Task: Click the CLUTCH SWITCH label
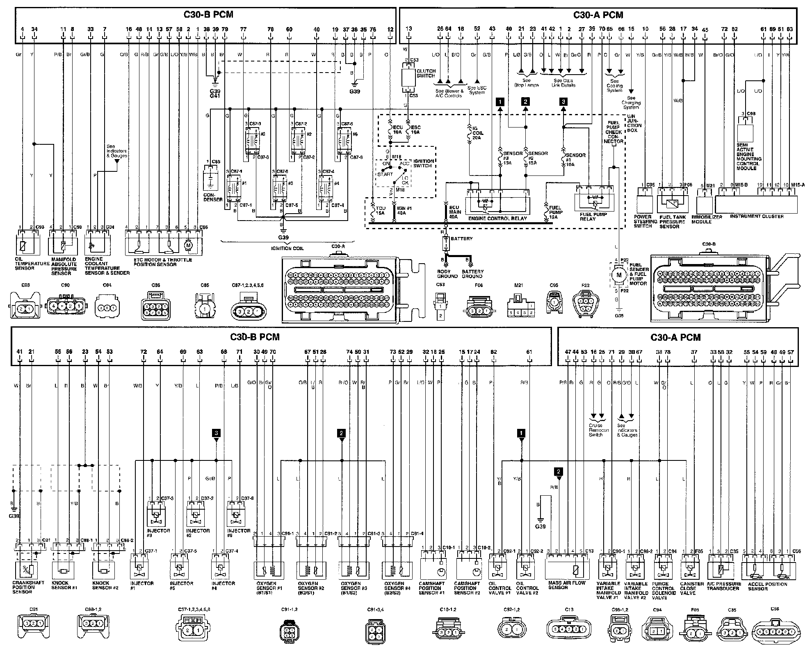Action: (x=426, y=73)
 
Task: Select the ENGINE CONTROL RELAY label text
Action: (x=498, y=219)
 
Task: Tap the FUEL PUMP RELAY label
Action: (x=593, y=216)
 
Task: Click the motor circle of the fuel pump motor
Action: (x=619, y=275)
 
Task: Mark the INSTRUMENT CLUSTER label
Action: (x=757, y=216)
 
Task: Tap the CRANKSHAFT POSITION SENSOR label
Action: (x=27, y=587)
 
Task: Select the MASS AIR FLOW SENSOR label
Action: (x=567, y=585)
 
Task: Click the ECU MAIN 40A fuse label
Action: (x=455, y=212)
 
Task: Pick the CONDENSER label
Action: (x=212, y=197)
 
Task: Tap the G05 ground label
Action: (x=619, y=316)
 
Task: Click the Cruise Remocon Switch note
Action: (x=595, y=430)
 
